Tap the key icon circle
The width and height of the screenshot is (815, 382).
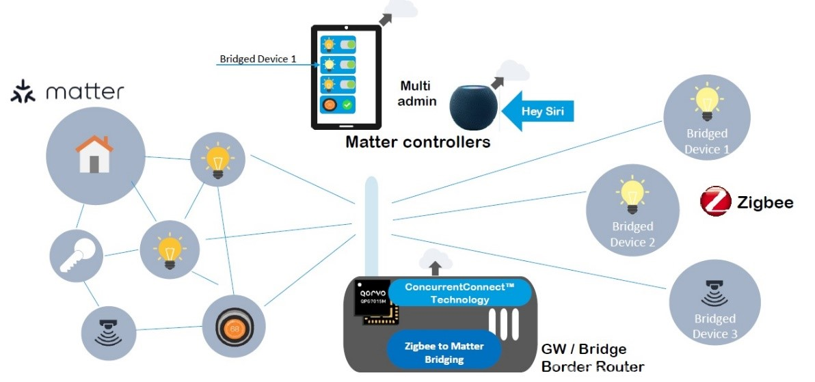[x=76, y=256]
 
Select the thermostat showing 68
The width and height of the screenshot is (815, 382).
[x=234, y=327]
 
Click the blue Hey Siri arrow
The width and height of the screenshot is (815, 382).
[x=540, y=111]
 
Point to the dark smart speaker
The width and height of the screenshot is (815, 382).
[x=474, y=107]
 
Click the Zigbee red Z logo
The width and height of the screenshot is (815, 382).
[x=716, y=201]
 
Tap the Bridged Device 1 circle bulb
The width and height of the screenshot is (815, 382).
[x=706, y=103]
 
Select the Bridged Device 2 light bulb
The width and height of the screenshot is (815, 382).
[x=632, y=195]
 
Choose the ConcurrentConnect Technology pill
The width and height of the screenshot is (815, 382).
[x=460, y=292]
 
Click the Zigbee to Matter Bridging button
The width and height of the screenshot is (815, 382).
[x=444, y=353]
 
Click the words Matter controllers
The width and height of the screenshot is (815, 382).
[x=418, y=141]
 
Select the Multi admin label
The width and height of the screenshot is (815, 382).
[x=417, y=93]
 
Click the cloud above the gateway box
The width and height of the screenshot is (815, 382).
[x=435, y=258]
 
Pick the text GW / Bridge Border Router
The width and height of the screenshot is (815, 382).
[x=593, y=357]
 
